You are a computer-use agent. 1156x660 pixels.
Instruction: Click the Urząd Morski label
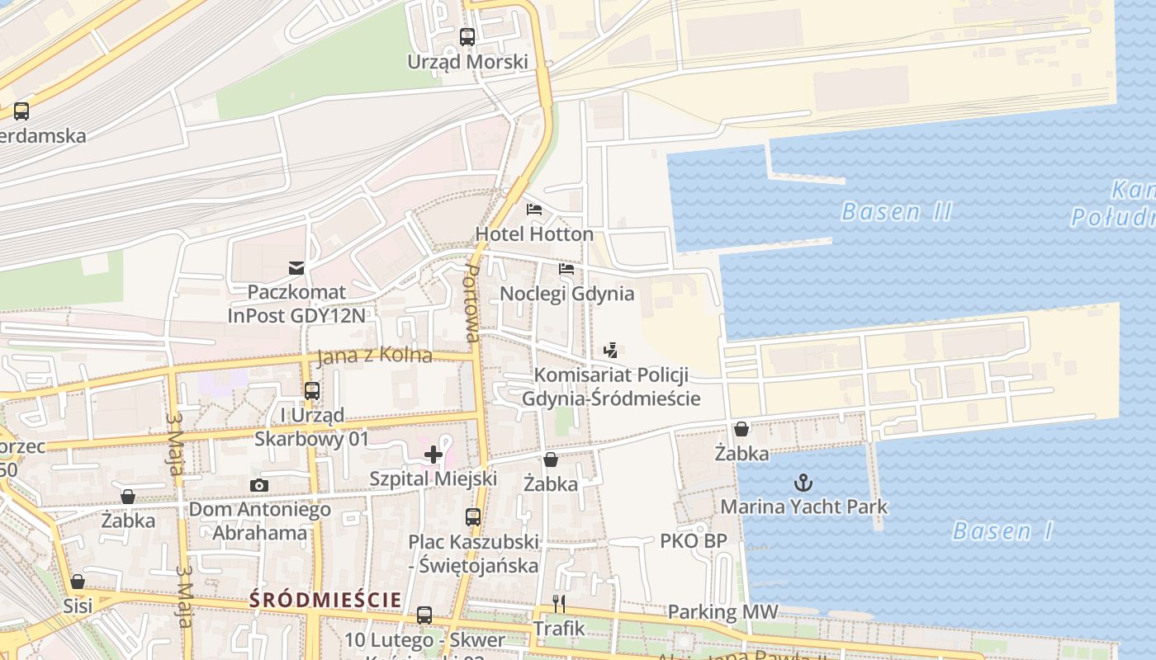point(467,62)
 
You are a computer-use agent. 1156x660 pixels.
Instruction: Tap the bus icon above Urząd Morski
point(467,36)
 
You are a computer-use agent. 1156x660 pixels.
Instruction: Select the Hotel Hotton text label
point(534,234)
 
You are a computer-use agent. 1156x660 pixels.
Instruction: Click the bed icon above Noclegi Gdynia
point(566,269)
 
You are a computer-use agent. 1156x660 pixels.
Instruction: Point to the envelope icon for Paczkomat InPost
point(296,267)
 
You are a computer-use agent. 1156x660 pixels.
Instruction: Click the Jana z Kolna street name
point(375,356)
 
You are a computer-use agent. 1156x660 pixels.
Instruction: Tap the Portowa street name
point(471,304)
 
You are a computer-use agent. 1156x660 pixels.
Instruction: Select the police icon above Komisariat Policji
point(611,351)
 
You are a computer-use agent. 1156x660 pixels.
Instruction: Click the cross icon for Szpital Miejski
point(433,454)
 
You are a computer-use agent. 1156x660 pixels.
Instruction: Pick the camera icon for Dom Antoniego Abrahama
point(259,485)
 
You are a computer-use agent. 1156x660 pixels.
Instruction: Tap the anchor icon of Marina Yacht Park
point(803,482)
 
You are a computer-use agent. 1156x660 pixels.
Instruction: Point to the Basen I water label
point(1002,530)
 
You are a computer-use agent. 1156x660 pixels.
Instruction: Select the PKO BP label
point(693,541)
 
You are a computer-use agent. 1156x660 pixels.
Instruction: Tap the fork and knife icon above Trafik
point(559,604)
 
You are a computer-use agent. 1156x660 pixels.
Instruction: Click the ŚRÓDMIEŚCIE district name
point(325,600)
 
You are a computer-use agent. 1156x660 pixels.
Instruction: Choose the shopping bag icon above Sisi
point(78,582)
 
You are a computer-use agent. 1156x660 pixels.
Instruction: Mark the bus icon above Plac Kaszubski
point(473,517)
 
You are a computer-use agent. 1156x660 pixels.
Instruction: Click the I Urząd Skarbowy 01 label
point(311,427)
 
